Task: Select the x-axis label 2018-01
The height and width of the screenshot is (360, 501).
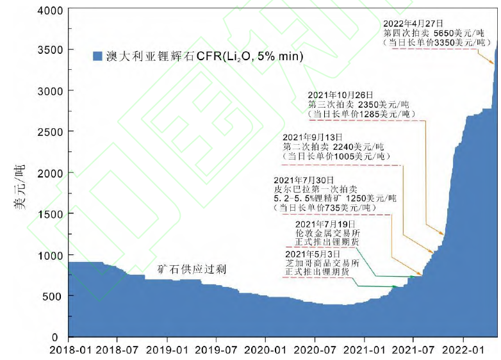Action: coord(69,350)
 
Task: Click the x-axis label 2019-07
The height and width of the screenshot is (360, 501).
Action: coord(216,350)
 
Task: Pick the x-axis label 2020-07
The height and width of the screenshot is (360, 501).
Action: coord(315,350)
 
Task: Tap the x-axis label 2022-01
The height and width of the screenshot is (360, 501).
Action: coord(463,350)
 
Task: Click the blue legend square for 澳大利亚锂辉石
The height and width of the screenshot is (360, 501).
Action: coord(97,56)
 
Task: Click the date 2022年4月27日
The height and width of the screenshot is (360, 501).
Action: coord(414,23)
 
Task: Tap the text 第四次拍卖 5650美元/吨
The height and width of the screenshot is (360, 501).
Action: coord(432,33)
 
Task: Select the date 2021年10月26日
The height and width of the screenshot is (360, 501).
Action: coord(340,95)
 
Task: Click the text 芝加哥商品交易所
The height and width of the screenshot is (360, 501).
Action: coord(322,263)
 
